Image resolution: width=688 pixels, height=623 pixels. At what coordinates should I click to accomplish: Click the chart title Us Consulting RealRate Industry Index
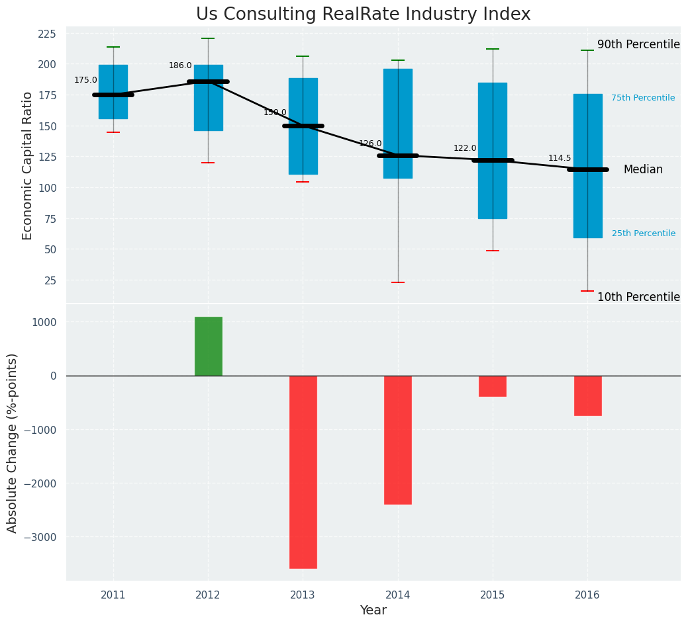pos(363,15)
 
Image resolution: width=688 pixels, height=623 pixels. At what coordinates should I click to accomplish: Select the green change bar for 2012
pos(208,346)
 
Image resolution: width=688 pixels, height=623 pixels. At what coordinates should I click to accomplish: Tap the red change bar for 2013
pos(303,472)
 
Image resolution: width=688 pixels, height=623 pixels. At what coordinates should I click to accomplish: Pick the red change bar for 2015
pos(493,386)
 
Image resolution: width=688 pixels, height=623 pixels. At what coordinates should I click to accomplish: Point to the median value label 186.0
pos(180,65)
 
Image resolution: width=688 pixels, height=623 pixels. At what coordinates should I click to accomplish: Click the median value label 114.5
pos(560,158)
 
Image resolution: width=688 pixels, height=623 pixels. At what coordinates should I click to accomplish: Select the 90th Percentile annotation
pos(638,44)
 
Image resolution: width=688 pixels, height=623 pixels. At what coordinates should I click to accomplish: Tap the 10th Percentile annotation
pos(638,297)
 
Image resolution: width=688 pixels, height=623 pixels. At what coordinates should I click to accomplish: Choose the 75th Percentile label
pos(643,98)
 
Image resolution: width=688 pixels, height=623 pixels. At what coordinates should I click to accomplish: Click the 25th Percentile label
pos(644,233)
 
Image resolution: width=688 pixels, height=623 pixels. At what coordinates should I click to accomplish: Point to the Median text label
pos(643,169)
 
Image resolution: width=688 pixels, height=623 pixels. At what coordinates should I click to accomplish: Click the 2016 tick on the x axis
pos(587,595)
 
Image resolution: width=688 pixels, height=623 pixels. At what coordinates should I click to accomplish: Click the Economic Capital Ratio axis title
pos(28,165)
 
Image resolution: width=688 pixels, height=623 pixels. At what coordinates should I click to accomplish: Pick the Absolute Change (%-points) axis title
pos(13,442)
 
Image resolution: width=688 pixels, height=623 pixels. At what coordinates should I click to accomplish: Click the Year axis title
pos(373,610)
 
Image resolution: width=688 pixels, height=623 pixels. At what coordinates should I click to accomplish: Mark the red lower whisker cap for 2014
pos(398,282)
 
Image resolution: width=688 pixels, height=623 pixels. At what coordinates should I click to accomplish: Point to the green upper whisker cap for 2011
pos(113,47)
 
